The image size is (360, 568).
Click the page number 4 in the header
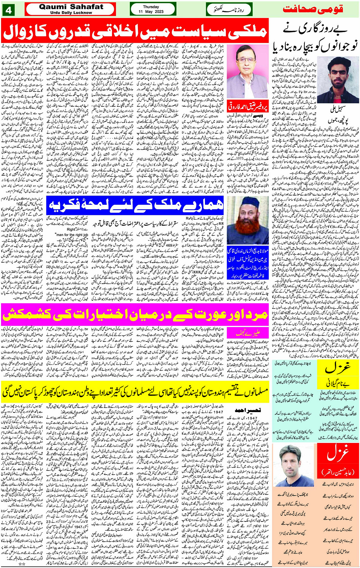pyautogui.click(x=9, y=9)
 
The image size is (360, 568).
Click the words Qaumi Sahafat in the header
pyautogui.click(x=71, y=6)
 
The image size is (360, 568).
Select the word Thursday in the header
pyautogui.click(x=153, y=6)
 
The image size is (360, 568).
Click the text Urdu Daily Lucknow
pyautogui.click(x=71, y=13)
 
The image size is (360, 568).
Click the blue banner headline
pyautogui.click(x=136, y=207)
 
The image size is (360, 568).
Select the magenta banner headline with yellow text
pyautogui.click(x=135, y=315)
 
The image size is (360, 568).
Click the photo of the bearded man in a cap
pyautogui.click(x=248, y=220)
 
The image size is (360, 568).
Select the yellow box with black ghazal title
pyautogui.click(x=338, y=371)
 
